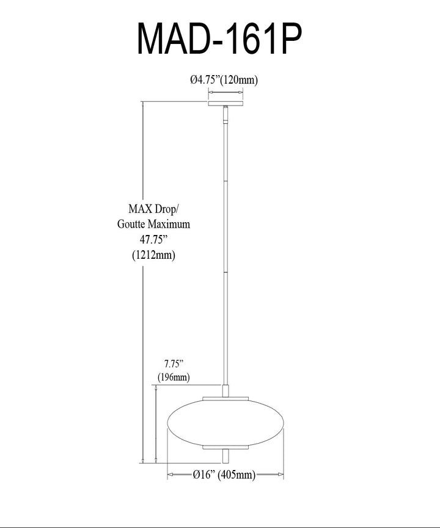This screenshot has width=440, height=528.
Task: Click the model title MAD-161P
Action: point(219,38)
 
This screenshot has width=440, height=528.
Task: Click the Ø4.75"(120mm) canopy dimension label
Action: point(224,80)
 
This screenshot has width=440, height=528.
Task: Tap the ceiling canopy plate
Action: point(226,103)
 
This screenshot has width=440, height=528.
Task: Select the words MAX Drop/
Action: point(154,209)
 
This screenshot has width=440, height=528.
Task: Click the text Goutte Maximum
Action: point(154,224)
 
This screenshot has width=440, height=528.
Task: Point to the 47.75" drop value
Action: point(154,239)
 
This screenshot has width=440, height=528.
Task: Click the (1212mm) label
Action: point(154,255)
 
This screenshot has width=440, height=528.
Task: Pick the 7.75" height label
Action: point(174,364)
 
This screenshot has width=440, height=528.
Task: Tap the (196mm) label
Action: point(174,377)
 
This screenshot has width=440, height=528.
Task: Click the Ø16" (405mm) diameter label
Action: point(224,474)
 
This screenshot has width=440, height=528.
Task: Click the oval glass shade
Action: point(226,423)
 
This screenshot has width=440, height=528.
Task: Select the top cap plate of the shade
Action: point(226,399)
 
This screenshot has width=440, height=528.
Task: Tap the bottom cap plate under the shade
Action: point(226,447)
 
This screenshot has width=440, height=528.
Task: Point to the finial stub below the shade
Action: point(226,456)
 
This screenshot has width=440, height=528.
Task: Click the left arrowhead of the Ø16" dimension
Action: point(170,474)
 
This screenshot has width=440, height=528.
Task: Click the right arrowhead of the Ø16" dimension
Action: point(280,474)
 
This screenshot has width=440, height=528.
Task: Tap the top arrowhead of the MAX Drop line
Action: point(143,104)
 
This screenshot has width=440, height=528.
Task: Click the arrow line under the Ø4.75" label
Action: point(226,92)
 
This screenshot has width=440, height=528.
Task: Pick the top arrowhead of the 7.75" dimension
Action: point(156,388)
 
